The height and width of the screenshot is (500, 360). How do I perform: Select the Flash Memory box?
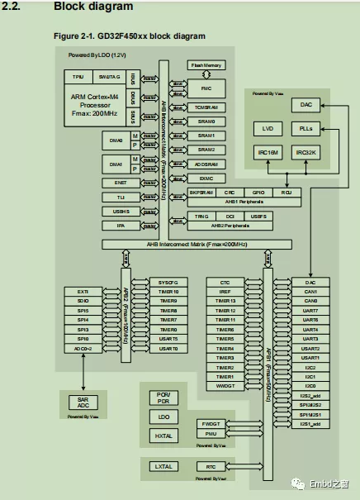click(206, 65)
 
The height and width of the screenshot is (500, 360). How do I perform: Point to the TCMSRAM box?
click(206, 107)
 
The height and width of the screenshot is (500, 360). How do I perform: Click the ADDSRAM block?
click(206, 164)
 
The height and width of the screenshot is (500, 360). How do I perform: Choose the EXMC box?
click(206, 178)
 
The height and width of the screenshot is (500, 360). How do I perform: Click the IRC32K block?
click(305, 153)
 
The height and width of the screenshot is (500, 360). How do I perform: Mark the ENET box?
click(121, 183)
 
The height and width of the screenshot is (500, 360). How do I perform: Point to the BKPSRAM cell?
click(201, 192)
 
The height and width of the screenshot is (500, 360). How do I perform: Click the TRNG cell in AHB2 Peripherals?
click(202, 217)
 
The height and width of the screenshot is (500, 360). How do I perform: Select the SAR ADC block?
click(83, 402)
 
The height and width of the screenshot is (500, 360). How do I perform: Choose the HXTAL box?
click(163, 436)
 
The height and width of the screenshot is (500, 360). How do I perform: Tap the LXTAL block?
click(163, 467)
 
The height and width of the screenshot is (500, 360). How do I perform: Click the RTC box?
click(211, 467)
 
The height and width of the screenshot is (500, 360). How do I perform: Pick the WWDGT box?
click(225, 386)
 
